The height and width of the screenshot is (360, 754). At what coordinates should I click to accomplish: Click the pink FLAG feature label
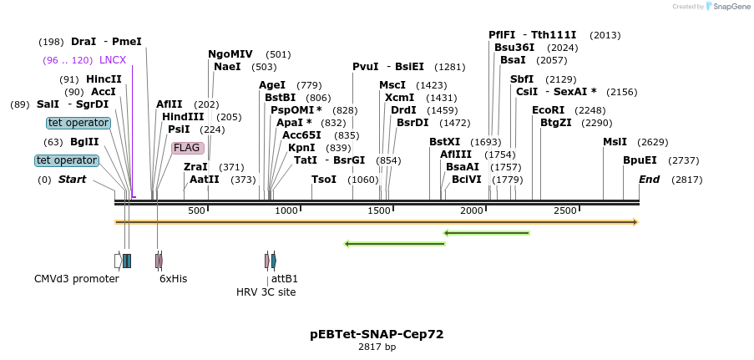click(x=186, y=148)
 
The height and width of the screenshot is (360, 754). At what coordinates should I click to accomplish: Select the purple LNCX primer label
click(x=113, y=60)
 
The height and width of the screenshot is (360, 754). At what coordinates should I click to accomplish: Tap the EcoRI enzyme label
click(x=548, y=110)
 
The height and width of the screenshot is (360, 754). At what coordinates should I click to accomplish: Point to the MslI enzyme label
click(x=615, y=142)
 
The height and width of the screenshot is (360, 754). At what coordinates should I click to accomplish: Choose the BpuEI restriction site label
click(x=640, y=160)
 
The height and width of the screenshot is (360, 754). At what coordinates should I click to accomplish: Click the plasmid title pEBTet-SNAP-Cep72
click(x=377, y=334)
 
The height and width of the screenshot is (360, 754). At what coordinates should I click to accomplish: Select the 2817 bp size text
click(x=377, y=347)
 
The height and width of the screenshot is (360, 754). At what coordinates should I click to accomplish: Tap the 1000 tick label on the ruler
click(x=286, y=210)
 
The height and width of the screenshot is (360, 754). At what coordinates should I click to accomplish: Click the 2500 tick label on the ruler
click(x=565, y=210)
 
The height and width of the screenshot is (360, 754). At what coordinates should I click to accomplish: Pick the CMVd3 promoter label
click(x=77, y=279)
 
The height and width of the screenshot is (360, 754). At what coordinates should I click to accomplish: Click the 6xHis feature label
click(x=174, y=279)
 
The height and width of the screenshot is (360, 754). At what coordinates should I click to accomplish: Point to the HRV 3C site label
click(x=266, y=292)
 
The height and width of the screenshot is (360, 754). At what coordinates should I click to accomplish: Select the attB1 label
click(x=285, y=279)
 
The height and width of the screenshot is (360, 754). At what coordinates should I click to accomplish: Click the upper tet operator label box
click(x=78, y=123)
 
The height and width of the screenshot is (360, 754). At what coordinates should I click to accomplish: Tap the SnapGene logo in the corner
click(x=724, y=7)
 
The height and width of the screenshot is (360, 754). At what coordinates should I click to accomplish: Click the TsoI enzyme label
click(x=324, y=180)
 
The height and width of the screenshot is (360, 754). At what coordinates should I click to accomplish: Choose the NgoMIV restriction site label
click(x=230, y=54)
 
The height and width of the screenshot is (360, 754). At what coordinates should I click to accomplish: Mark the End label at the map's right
click(x=649, y=180)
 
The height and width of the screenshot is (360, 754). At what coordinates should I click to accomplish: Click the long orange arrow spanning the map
click(x=376, y=222)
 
